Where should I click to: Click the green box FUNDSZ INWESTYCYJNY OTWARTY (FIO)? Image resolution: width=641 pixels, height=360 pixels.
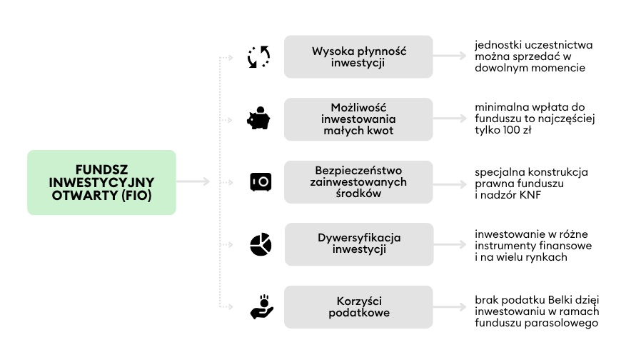101,182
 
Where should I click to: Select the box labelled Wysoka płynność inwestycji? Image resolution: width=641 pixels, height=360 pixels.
358,56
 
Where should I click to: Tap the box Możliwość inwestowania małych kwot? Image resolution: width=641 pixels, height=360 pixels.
358,119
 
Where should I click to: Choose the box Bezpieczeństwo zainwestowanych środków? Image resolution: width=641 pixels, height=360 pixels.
358,182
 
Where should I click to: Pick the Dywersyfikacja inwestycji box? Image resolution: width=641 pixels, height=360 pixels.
358,244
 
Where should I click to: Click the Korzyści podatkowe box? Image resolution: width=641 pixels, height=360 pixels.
358,307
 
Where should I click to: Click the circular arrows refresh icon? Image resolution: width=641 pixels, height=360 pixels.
259,56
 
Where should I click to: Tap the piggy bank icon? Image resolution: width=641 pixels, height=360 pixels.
259,119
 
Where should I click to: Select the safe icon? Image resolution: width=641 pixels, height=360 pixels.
260,182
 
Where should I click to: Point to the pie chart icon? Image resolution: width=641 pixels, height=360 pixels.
260,244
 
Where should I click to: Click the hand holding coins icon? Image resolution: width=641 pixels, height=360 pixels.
260,307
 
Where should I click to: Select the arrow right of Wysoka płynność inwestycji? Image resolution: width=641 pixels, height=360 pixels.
451,56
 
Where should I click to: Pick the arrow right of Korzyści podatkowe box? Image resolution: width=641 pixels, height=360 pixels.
451,307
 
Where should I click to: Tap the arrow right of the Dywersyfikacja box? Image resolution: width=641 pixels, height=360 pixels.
451,244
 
